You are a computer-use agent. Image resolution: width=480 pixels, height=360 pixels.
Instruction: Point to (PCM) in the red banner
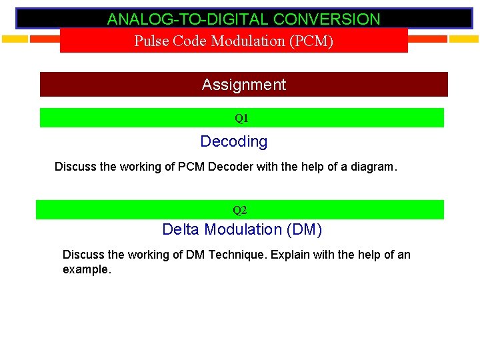[x=311, y=41]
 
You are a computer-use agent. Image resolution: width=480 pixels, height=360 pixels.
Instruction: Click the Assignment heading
[x=243, y=85]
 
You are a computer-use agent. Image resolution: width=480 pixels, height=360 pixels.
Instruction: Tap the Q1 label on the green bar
[x=241, y=119]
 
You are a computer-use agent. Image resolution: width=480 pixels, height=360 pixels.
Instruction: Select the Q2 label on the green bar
[x=240, y=211]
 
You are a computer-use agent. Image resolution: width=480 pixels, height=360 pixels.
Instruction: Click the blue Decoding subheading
[x=234, y=141]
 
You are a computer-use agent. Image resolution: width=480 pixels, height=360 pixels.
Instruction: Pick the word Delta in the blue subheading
[x=181, y=230]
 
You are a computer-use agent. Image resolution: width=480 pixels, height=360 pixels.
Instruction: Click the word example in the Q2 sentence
[x=85, y=269]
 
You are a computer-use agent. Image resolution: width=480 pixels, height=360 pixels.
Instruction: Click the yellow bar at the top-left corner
[x=15, y=39]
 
